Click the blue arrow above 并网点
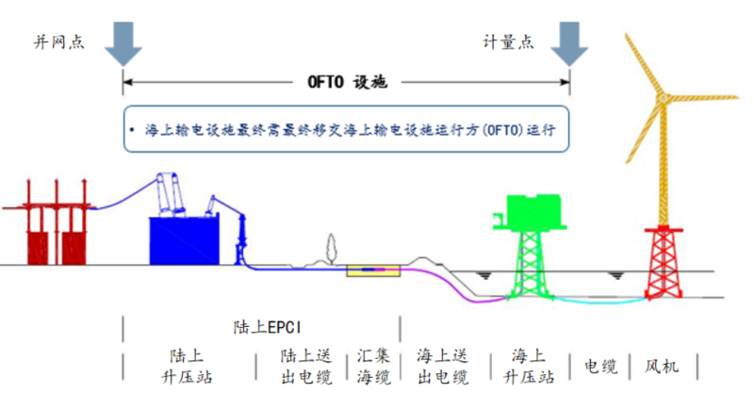coord(123,42)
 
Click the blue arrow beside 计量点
coord(569,42)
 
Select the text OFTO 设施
coord(348,83)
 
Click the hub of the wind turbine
coord(662,97)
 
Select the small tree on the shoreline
coord(330,250)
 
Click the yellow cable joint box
coord(373,271)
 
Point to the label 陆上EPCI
coord(265,328)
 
